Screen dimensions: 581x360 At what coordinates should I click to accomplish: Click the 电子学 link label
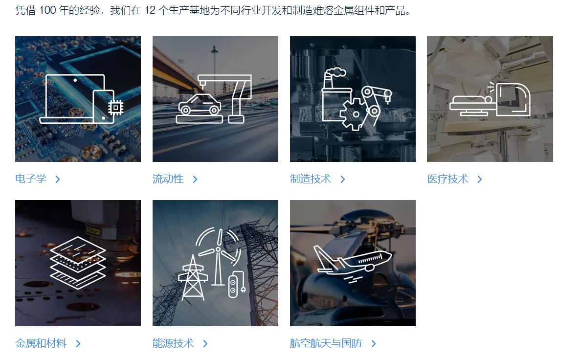31,179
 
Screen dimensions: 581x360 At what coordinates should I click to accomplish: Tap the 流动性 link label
168,179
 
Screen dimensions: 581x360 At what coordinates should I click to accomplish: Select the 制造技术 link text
311,179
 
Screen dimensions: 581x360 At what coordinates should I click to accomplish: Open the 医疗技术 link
447,179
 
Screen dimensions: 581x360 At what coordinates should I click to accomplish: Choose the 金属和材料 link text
41,343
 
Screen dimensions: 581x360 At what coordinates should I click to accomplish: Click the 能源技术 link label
173,343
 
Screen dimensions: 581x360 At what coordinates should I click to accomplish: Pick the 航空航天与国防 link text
326,343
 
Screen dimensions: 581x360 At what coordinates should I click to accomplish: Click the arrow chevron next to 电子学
58,180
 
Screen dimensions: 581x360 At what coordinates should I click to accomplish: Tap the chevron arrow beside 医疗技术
480,180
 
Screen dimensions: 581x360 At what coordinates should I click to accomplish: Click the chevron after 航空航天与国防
374,344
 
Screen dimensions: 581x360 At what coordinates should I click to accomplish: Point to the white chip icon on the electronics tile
115,108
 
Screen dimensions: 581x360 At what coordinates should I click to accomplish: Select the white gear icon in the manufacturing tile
355,114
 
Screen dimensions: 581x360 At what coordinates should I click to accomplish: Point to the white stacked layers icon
78,263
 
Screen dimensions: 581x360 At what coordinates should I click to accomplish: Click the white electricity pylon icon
192,277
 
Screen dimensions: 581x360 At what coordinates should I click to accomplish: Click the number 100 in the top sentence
47,10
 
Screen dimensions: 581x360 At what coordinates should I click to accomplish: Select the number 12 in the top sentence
150,10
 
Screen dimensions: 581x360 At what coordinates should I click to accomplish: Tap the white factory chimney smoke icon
335,73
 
